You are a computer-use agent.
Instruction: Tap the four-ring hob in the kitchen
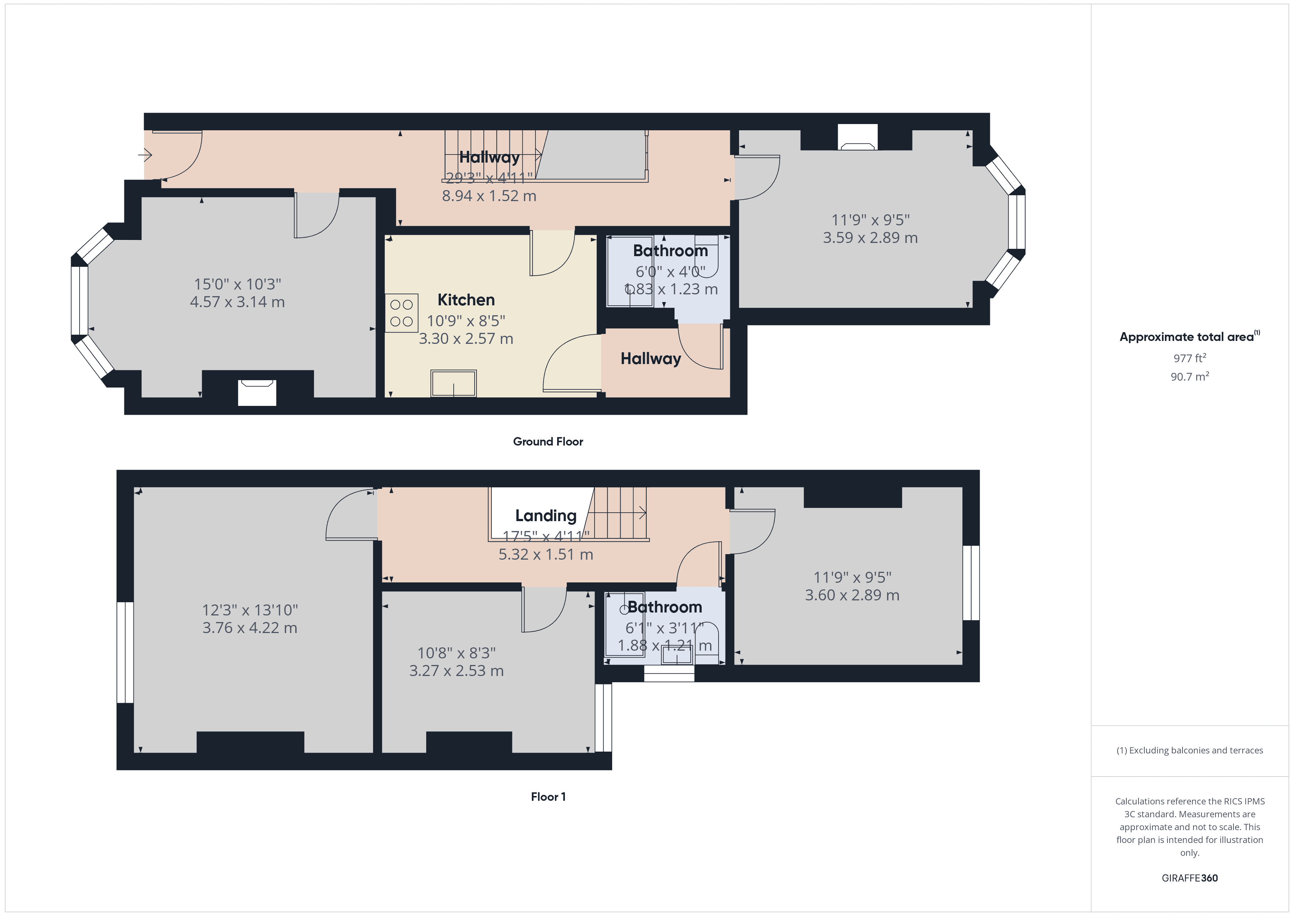pyautogui.click(x=401, y=313)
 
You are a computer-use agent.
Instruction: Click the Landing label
pyautogui.click(x=545, y=516)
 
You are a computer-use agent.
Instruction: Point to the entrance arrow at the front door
pyautogui.click(x=145, y=154)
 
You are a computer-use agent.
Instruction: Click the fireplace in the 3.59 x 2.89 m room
pyautogui.click(x=857, y=138)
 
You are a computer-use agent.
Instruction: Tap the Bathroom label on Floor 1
pyautogui.click(x=665, y=607)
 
